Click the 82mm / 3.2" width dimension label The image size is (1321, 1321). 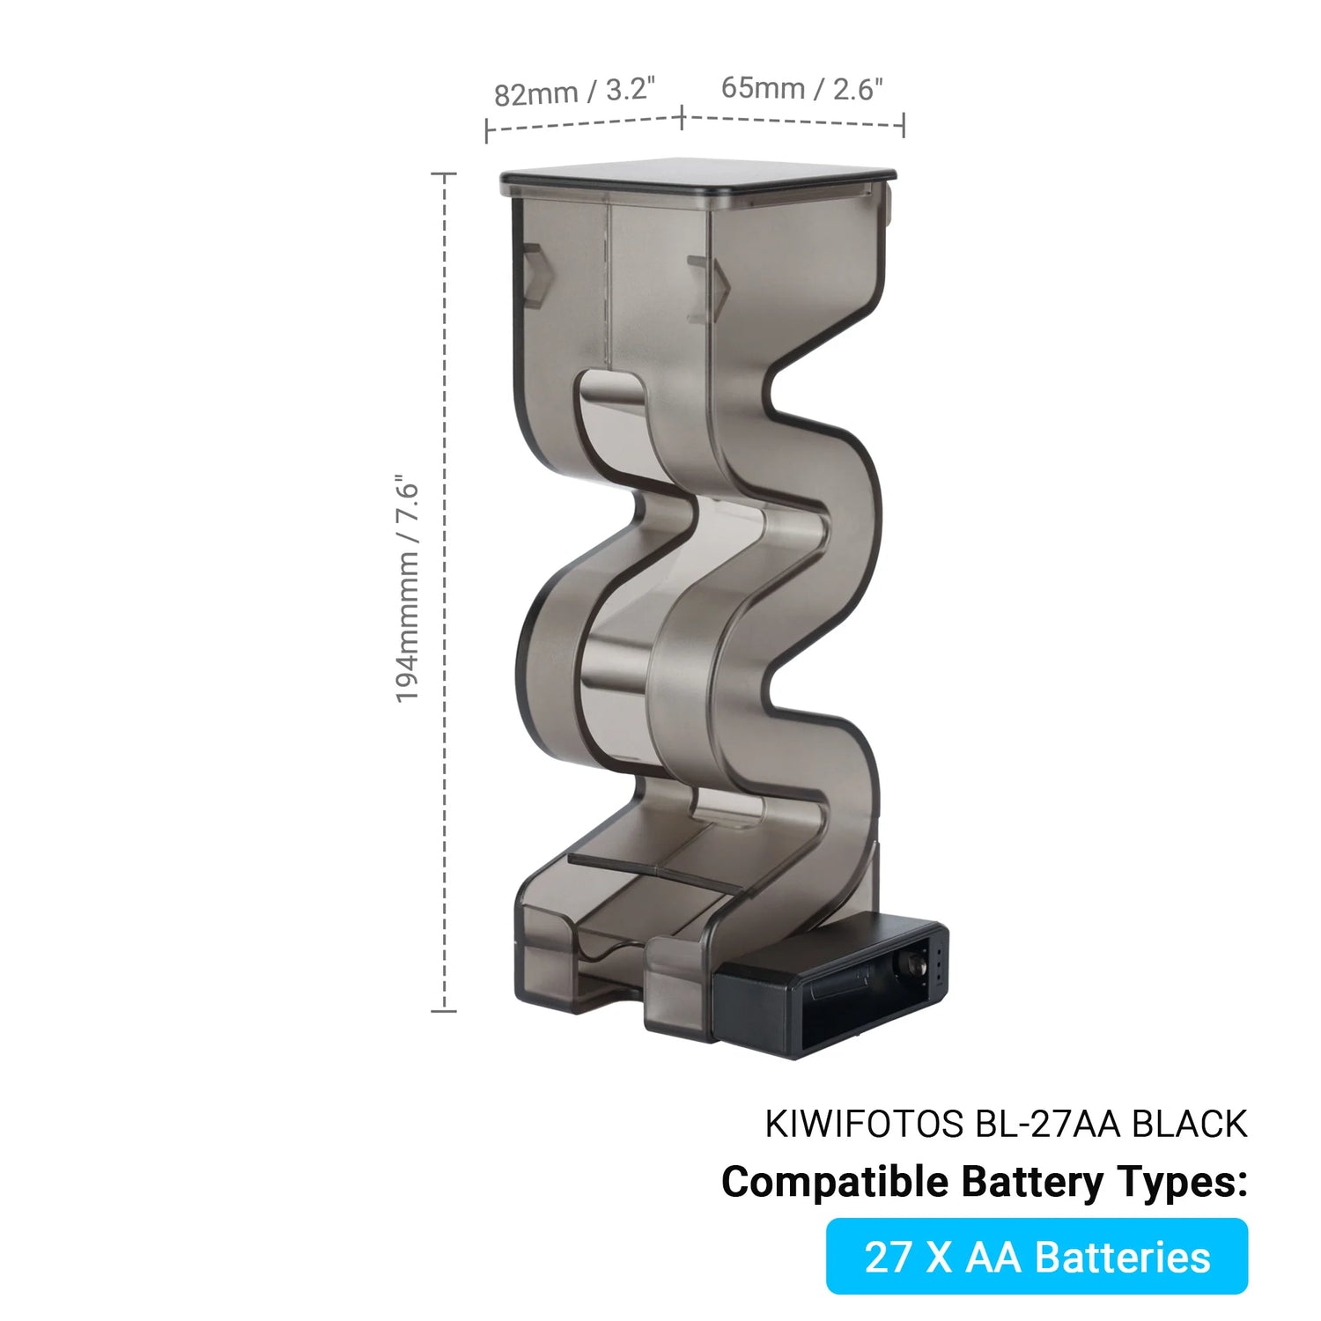575,91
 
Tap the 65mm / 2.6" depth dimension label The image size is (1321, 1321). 801,88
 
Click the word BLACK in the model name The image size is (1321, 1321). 1189,1125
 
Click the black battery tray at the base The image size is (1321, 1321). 830,988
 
